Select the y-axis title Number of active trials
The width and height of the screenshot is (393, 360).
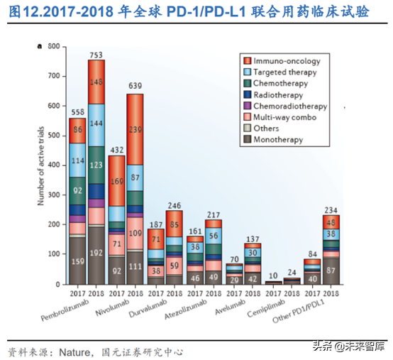pyautogui.click(x=41, y=165)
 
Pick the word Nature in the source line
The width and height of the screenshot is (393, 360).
pyautogui.click(x=73, y=332)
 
